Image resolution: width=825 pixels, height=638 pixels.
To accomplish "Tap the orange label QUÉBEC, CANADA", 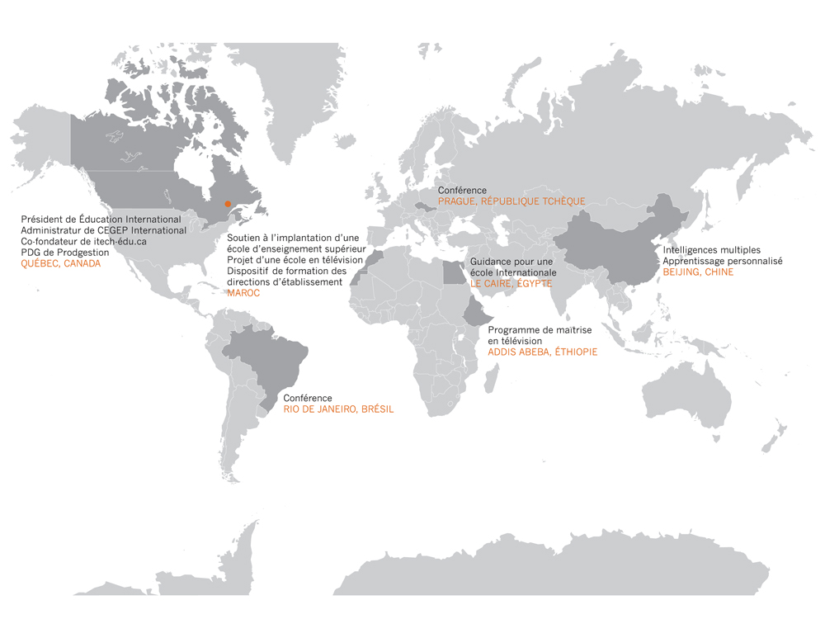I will (60, 264).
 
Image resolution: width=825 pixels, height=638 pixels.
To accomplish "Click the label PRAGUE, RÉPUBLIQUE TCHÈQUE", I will (511, 201).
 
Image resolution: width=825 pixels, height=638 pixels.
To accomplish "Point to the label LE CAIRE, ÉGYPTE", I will (511, 283).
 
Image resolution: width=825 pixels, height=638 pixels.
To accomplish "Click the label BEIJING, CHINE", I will (698, 272).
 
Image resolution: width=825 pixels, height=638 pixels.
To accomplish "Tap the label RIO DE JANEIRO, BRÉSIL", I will (338, 409).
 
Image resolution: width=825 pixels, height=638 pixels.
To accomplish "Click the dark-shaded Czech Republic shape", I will (426, 206).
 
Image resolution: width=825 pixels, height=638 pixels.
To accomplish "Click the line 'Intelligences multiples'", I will (712, 249).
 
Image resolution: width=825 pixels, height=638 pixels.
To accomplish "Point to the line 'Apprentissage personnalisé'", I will (723, 261).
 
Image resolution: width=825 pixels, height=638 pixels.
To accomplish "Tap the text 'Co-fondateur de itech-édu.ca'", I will (83, 242).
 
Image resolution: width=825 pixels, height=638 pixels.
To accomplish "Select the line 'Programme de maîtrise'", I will (535, 330).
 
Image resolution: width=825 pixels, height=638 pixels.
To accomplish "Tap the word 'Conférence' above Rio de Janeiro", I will (308, 398).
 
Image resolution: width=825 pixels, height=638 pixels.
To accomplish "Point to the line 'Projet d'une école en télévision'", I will (295, 260).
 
